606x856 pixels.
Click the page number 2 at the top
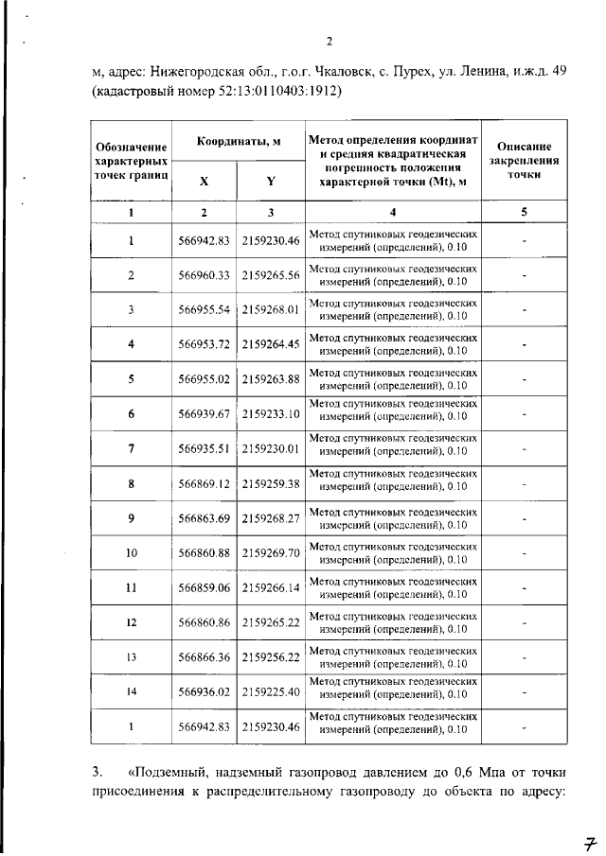coord(330,41)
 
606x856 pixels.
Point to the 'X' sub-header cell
coord(205,180)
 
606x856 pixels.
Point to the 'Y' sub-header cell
coord(270,180)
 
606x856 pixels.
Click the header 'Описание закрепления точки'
coord(524,160)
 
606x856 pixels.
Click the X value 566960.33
coord(205,275)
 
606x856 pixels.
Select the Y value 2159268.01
coord(270,309)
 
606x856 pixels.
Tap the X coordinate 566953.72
coord(205,343)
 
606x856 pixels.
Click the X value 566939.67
coord(205,413)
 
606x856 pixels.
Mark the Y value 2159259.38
coord(270,483)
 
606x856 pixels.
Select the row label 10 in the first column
coord(131,552)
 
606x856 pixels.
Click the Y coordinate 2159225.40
coord(270,691)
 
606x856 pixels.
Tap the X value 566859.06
coord(205,587)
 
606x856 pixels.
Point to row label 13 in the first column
coord(131,656)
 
